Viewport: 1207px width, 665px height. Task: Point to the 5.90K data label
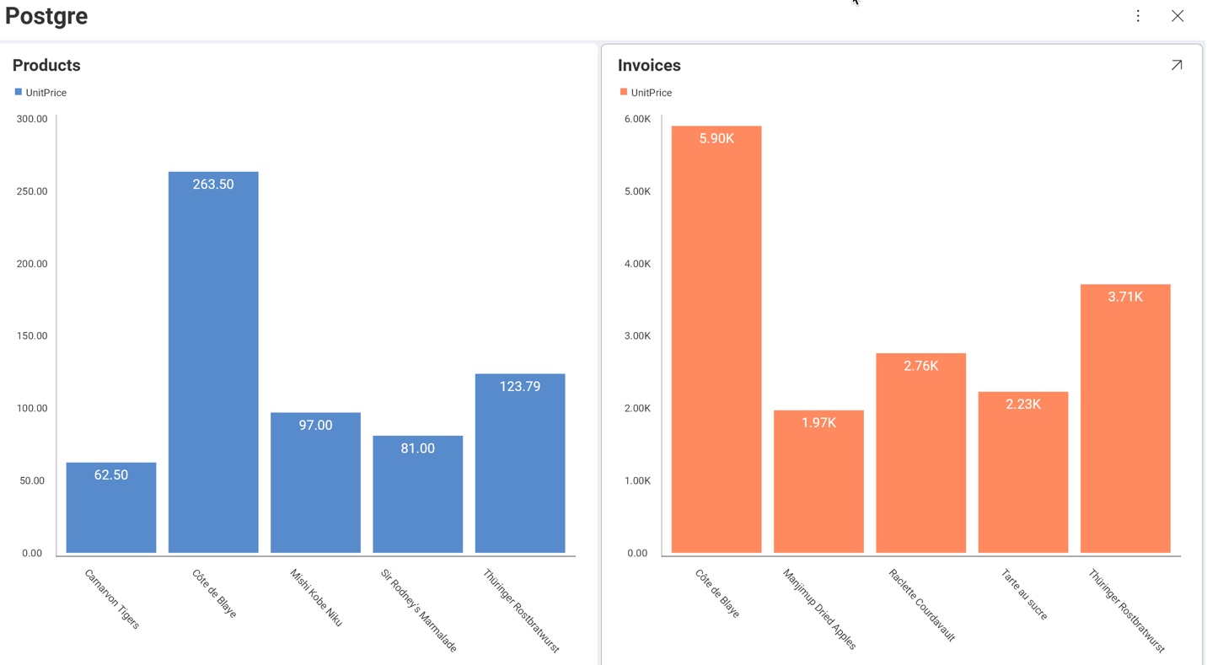coord(716,138)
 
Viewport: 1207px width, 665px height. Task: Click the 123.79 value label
coord(520,386)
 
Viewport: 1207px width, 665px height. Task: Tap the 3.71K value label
coord(1125,297)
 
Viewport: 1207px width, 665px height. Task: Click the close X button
coord(1177,16)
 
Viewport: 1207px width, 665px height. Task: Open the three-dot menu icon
coord(1138,16)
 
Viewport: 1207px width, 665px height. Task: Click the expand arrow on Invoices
coord(1177,65)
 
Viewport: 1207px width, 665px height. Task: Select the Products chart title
coord(46,65)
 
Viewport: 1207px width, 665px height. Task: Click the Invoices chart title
coord(649,65)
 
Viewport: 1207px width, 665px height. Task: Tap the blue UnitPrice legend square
coord(19,92)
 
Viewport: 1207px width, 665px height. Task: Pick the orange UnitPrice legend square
coord(624,92)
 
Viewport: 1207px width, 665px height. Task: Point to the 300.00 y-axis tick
coord(32,119)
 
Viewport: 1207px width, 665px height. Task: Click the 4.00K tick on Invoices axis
coord(637,264)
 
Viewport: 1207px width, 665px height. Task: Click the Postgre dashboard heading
coord(46,16)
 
